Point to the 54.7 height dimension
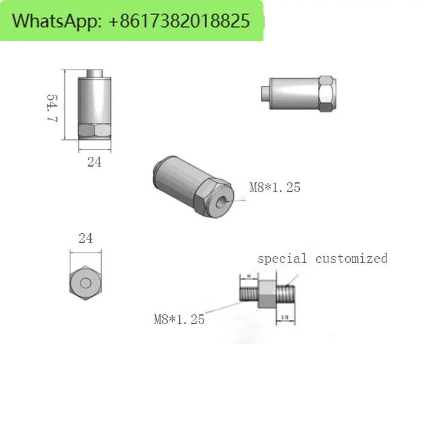(52, 108)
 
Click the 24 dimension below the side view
(94, 162)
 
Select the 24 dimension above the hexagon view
(85, 238)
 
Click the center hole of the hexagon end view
(85, 283)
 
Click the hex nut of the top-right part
(325, 94)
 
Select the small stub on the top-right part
(265, 93)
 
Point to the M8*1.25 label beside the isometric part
(275, 188)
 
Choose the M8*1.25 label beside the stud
(179, 319)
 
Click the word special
(282, 259)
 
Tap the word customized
(351, 259)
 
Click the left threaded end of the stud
(249, 293)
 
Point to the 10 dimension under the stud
(285, 317)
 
